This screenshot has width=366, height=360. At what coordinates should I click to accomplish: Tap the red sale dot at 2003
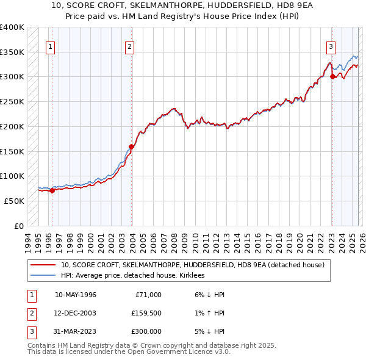point(131,146)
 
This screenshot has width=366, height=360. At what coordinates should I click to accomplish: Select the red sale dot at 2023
point(332,76)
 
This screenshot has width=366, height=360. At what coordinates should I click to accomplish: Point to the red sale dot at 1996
point(52,190)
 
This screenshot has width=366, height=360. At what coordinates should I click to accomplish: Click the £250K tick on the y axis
point(12,102)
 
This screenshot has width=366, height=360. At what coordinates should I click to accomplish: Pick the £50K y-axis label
point(14,201)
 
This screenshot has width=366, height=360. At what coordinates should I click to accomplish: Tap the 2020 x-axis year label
point(299,239)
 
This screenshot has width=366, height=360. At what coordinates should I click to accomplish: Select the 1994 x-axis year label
point(28,239)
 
